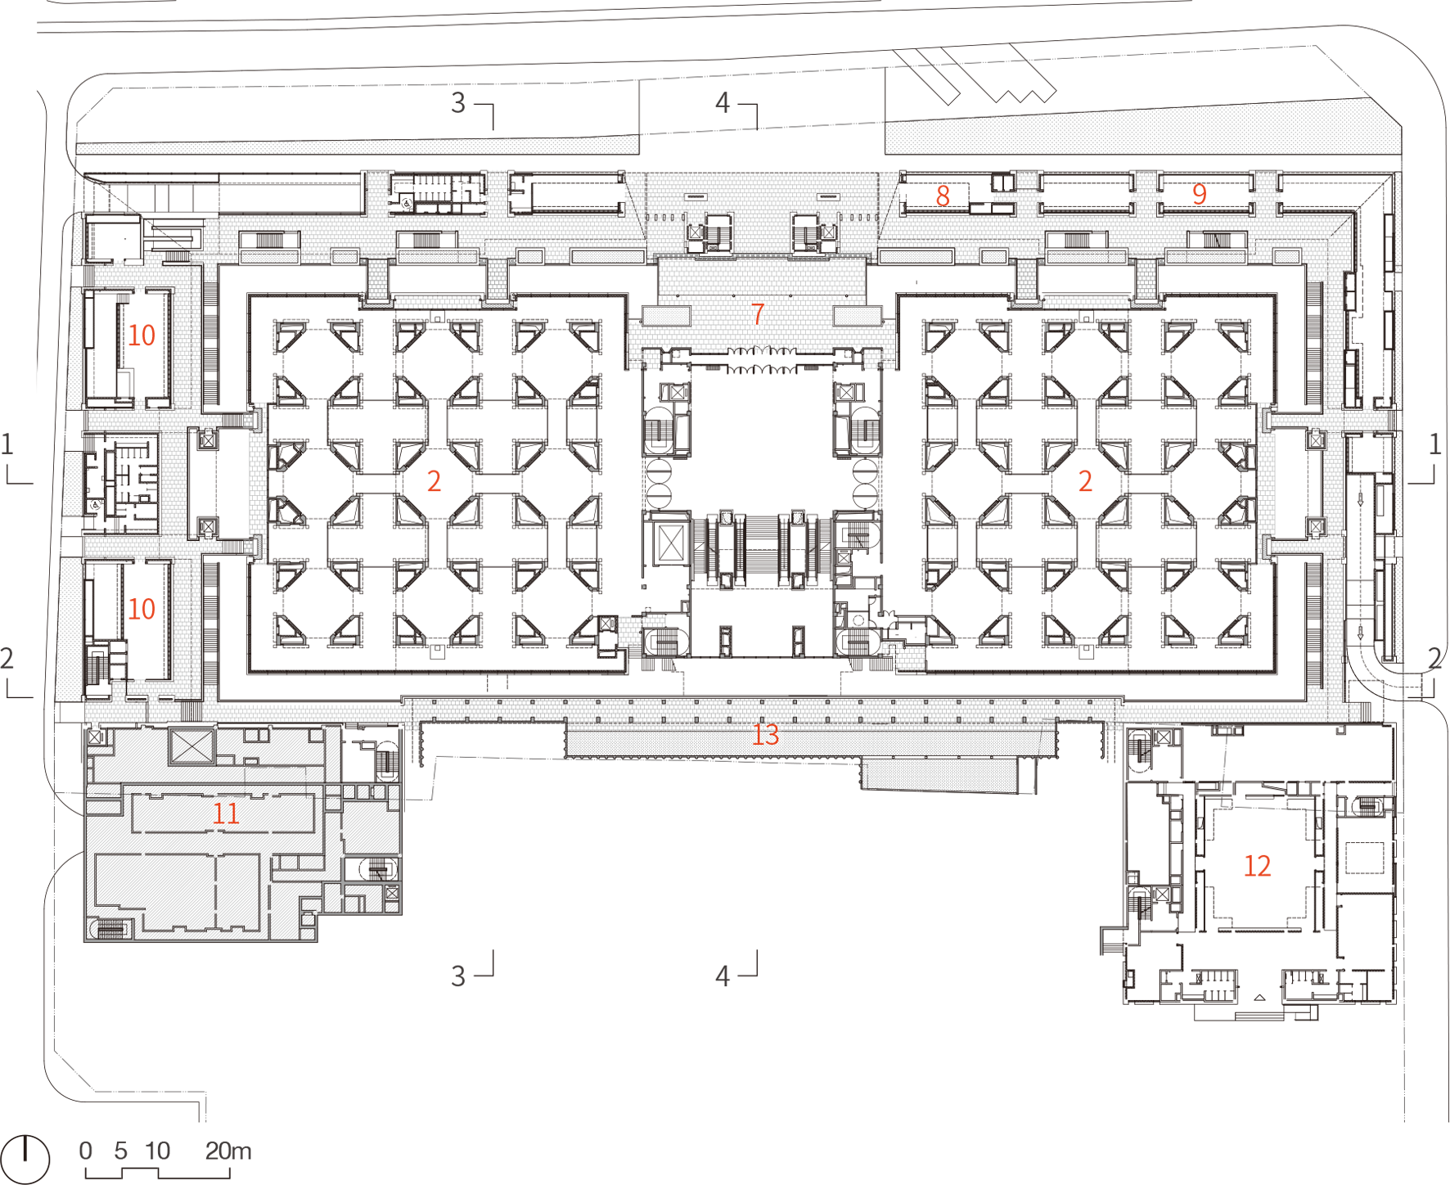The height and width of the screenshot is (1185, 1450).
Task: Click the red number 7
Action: click(x=758, y=314)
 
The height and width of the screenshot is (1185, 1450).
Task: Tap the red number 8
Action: click(x=943, y=196)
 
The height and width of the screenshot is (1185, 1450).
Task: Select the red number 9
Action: click(x=1200, y=194)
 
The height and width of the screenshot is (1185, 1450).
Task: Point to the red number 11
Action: click(x=226, y=813)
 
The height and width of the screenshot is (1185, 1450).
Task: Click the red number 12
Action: click(x=1257, y=866)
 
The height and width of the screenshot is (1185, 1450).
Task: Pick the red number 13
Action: click(x=766, y=735)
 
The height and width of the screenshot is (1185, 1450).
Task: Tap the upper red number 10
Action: click(x=142, y=336)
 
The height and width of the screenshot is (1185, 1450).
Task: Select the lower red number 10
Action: click(x=142, y=609)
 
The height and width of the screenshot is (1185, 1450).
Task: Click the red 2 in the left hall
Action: click(x=434, y=481)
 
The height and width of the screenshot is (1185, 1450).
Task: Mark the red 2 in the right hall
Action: click(x=1085, y=481)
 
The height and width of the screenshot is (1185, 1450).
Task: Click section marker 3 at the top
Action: click(x=458, y=103)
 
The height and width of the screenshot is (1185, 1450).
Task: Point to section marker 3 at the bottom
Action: click(x=458, y=976)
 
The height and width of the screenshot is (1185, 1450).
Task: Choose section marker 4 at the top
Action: click(x=722, y=103)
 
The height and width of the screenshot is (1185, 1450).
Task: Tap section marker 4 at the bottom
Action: click(x=722, y=976)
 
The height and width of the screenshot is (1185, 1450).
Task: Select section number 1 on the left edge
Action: click(x=7, y=444)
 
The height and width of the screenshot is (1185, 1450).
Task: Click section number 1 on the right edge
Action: click(x=1434, y=444)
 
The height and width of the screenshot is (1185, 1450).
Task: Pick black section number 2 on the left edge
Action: click(x=7, y=659)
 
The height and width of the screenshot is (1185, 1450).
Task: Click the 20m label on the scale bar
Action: click(x=228, y=1151)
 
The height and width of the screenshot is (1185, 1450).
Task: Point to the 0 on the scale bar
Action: click(x=86, y=1151)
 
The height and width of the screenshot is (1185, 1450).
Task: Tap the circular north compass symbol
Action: click(x=25, y=1160)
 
